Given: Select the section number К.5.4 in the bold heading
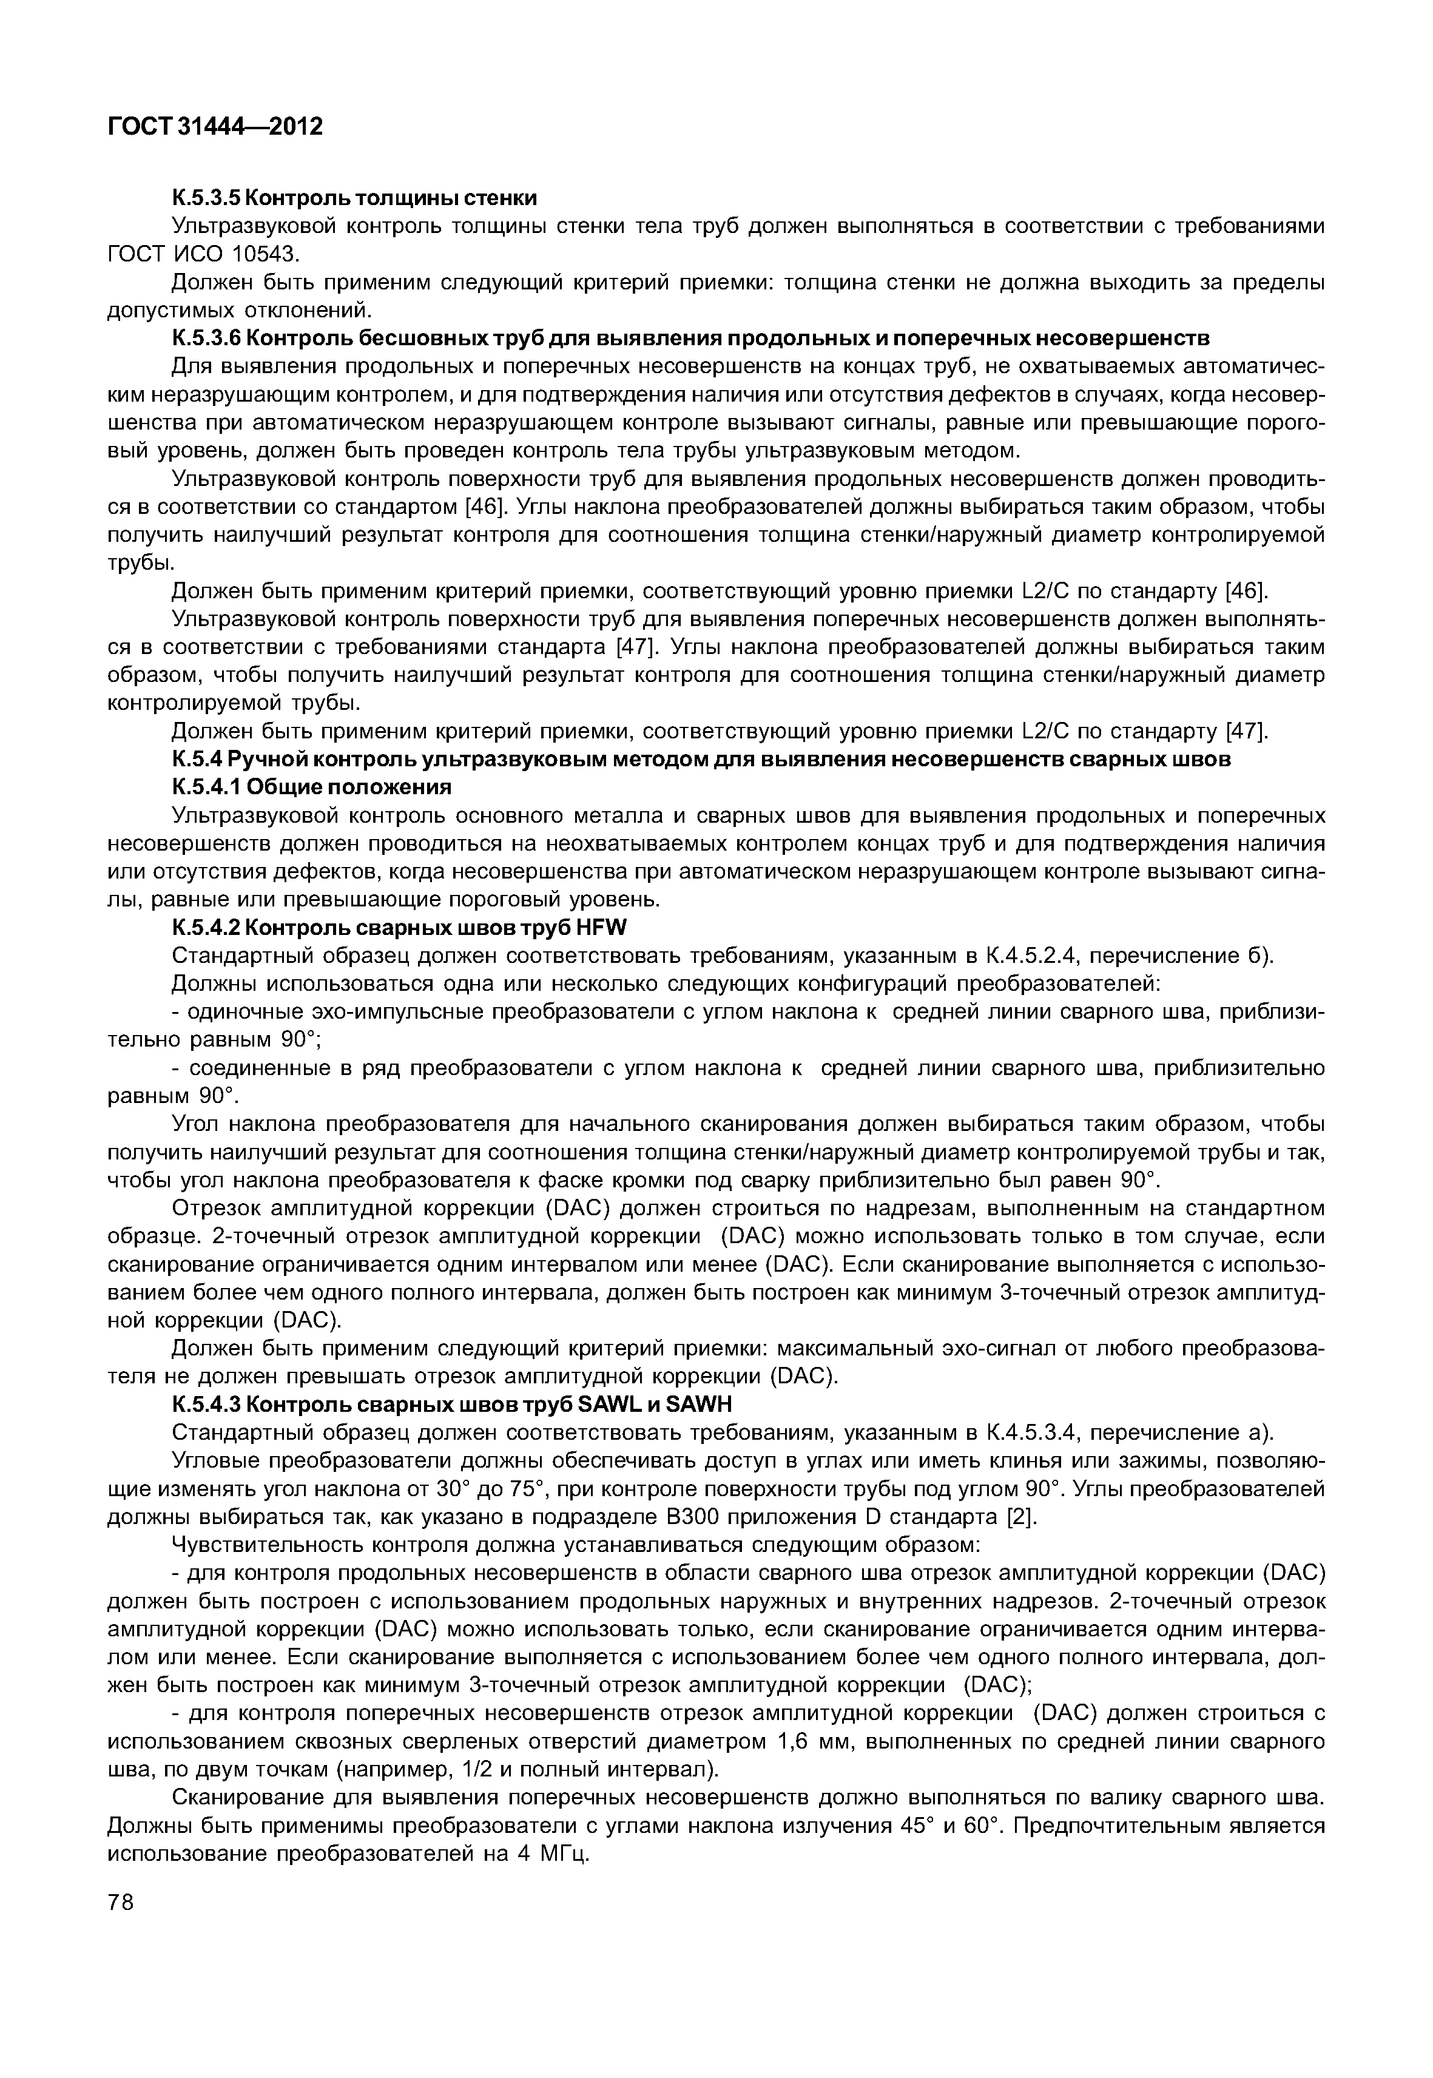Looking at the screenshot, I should (x=196, y=760).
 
